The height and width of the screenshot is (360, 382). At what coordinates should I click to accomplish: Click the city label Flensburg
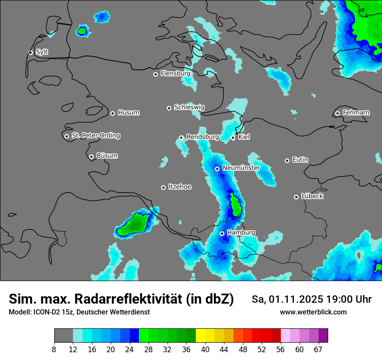click(x=175, y=74)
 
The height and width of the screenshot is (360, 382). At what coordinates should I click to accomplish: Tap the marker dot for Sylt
click(x=31, y=52)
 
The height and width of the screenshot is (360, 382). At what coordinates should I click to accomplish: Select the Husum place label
click(x=128, y=113)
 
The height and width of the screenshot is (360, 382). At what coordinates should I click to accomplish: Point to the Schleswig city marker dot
click(x=169, y=108)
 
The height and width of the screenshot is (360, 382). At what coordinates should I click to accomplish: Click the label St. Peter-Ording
click(x=95, y=136)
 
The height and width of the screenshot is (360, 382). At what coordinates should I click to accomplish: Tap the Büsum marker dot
click(x=91, y=157)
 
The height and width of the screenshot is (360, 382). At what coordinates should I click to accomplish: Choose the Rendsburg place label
click(x=202, y=137)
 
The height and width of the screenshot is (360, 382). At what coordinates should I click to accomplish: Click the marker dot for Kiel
click(x=233, y=137)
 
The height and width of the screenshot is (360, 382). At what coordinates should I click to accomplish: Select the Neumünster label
click(x=241, y=168)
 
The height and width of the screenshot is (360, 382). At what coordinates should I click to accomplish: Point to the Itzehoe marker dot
click(x=164, y=187)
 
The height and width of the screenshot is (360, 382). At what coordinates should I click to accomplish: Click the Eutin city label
click(x=300, y=160)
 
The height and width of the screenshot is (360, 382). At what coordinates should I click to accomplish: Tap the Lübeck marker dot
click(x=296, y=197)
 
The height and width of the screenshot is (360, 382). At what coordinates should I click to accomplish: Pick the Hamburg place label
click(x=241, y=233)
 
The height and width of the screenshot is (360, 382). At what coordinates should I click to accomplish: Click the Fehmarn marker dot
click(x=338, y=113)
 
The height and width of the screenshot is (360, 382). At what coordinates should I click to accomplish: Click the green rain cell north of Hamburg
click(x=236, y=205)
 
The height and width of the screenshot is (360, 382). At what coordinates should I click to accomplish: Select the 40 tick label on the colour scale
click(x=205, y=350)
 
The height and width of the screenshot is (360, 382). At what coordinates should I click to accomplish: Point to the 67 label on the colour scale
click(x=318, y=350)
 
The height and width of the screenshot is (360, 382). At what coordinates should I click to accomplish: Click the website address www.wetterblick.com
click(x=313, y=312)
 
